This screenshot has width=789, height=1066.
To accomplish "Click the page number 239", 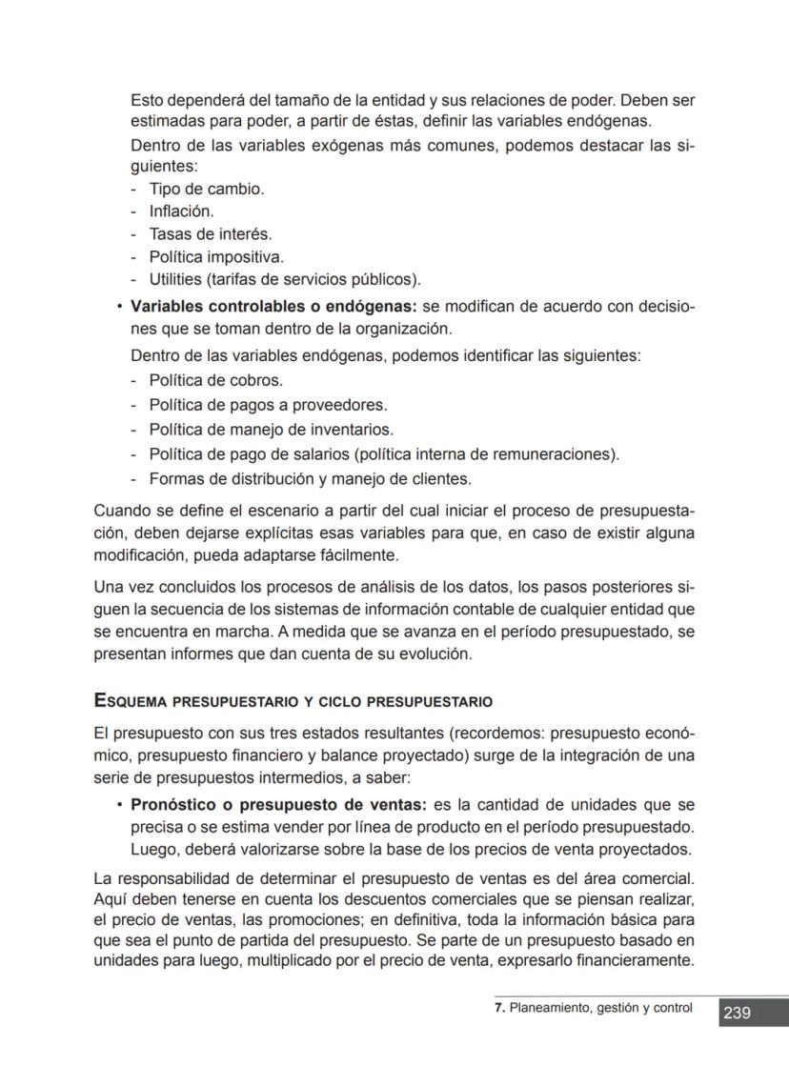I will (737, 1014).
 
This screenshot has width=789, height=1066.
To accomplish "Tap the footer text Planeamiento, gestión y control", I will (600, 1008).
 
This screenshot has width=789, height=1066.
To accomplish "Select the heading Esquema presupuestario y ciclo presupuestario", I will (293, 702).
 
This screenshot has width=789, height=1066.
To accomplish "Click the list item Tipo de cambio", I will (206, 189).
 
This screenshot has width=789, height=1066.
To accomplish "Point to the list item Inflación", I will (181, 211).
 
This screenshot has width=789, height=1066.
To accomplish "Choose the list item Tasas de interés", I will (210, 234).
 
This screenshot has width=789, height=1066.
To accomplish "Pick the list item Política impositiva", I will (216, 257).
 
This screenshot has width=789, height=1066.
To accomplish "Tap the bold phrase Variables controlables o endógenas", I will (273, 307).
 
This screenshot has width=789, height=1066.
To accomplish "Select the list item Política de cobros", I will (215, 380).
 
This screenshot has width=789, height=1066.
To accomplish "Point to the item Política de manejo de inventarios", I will (271, 430).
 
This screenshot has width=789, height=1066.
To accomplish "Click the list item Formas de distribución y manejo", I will (310, 479).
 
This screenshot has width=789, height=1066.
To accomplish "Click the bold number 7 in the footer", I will (498, 1008).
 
